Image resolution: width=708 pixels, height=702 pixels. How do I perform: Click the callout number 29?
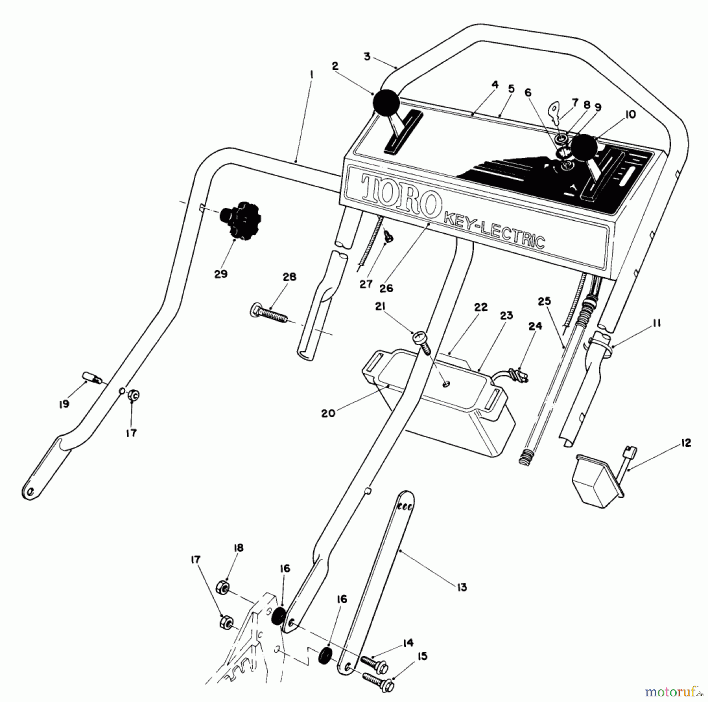(221, 274)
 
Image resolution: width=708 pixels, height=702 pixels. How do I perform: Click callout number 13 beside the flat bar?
(461, 587)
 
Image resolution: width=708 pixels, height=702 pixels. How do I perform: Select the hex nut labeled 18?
(221, 588)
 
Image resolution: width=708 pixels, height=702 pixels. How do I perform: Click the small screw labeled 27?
(389, 237)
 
